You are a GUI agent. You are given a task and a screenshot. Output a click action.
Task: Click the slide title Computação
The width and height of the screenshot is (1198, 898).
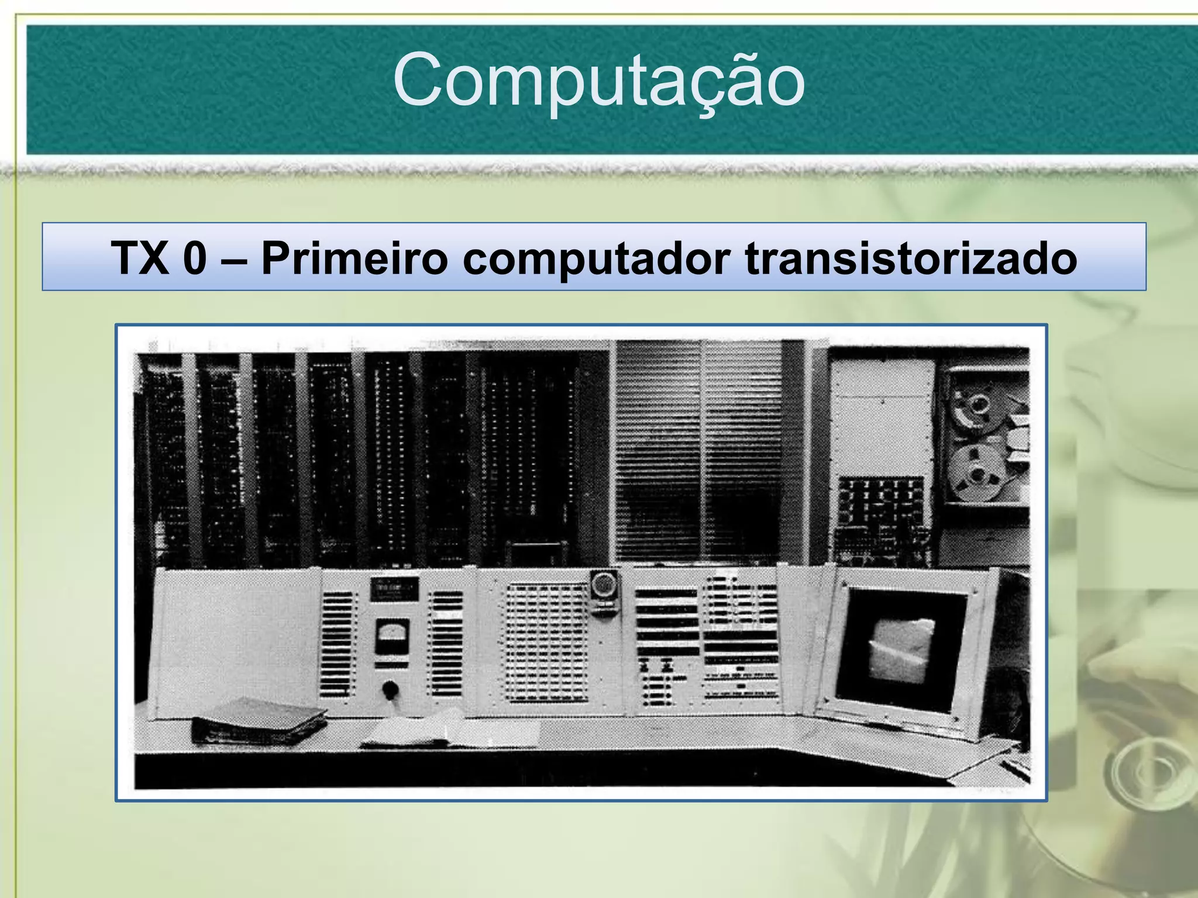[x=599, y=82]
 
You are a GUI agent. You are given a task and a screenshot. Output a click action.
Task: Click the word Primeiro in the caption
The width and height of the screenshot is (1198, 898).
[x=354, y=258]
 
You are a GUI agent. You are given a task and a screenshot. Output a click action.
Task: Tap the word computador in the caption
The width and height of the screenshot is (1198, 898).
[x=597, y=258]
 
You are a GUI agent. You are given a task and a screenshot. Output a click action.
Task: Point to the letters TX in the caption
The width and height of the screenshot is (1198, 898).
[x=140, y=258]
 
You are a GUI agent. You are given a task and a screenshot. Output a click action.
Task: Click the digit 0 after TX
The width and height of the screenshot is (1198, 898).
[x=195, y=258]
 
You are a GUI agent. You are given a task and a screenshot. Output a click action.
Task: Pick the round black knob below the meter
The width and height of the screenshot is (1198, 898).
[x=390, y=690]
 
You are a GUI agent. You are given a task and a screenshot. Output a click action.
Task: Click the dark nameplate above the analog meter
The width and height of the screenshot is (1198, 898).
[x=394, y=589]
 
